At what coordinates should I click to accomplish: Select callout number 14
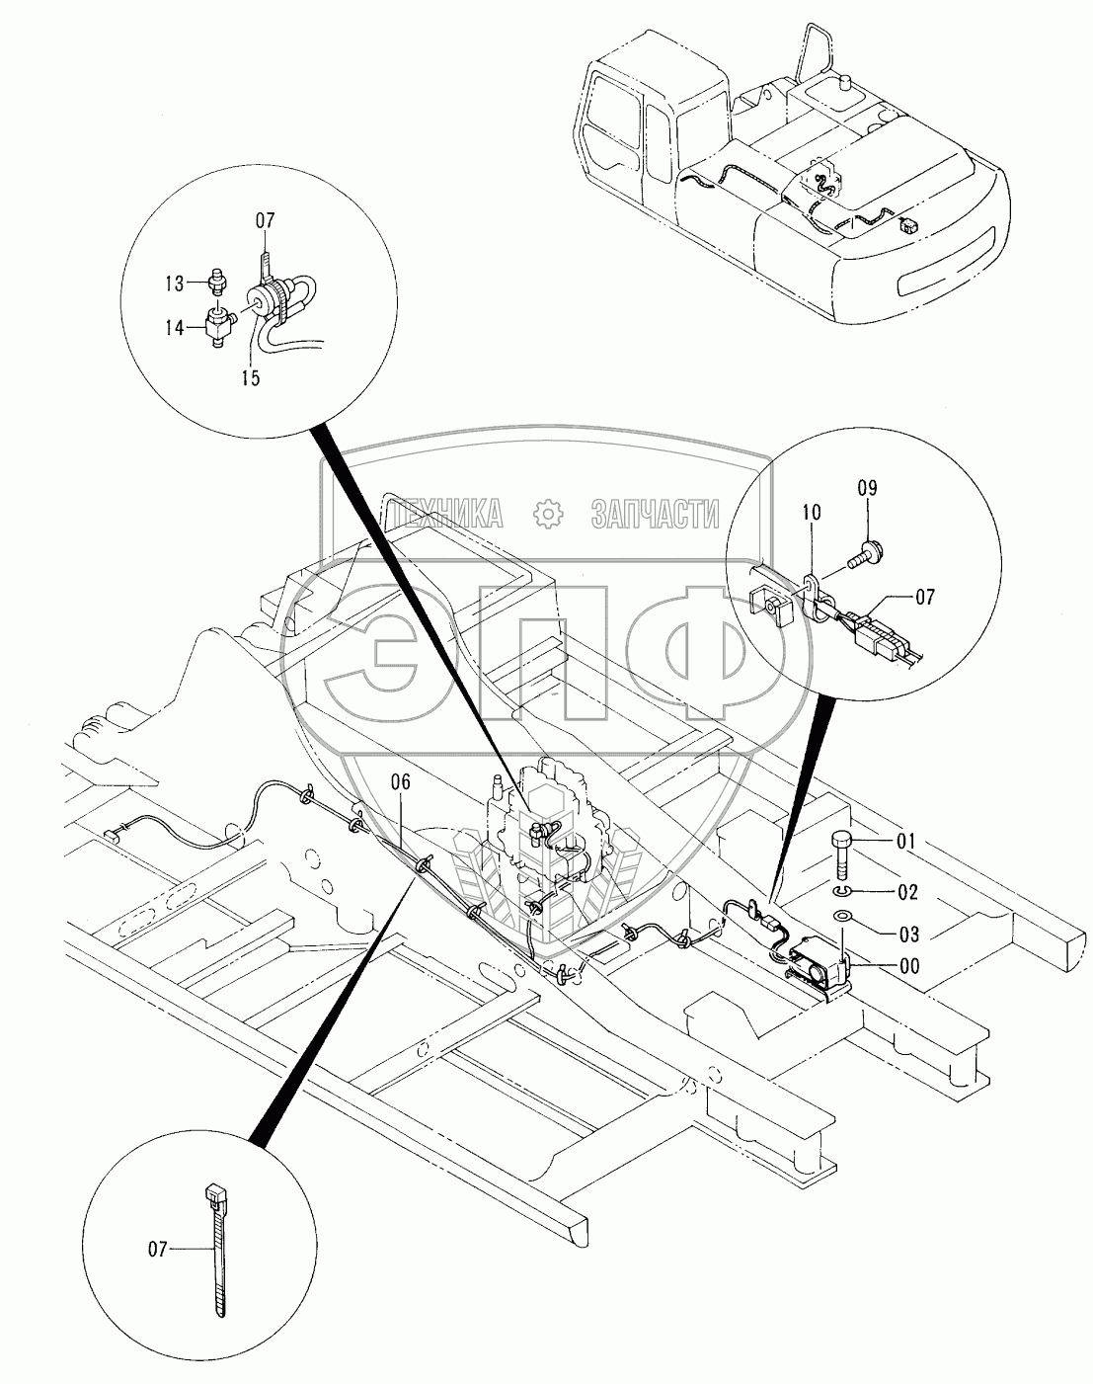tap(175, 329)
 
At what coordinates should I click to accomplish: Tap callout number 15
tap(251, 377)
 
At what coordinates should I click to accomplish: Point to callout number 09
tap(867, 489)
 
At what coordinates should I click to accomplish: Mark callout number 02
tap(907, 892)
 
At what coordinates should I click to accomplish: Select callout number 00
tap(907, 967)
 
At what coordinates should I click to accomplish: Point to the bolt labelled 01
tap(839, 850)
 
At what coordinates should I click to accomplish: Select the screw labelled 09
tap(869, 546)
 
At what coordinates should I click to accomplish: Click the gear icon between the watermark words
tap(547, 513)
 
